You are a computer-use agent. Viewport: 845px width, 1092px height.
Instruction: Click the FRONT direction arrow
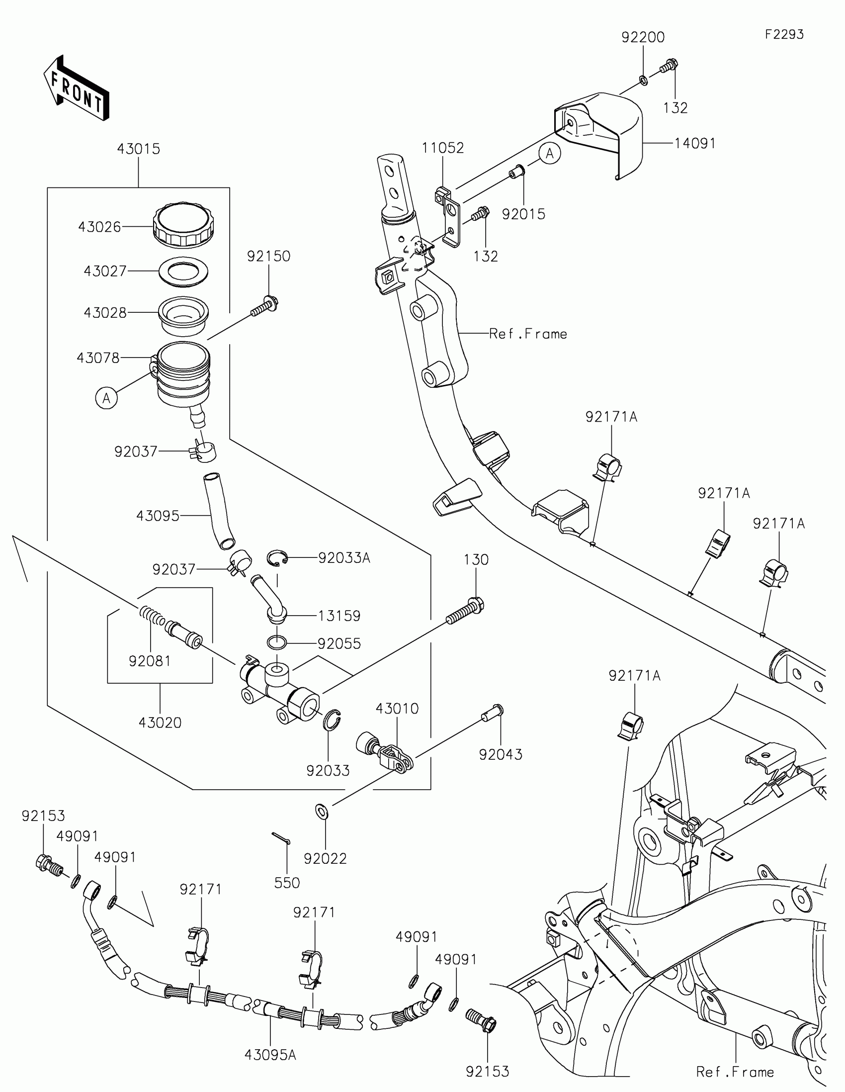[76, 88]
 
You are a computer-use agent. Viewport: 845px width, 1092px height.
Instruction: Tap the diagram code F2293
[784, 34]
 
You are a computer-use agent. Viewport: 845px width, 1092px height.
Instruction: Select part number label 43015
[138, 149]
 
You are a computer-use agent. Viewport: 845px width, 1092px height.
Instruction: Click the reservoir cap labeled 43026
[184, 225]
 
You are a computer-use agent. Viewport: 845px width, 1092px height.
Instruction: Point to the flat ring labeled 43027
[183, 272]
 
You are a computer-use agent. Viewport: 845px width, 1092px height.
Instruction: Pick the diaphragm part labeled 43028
[183, 316]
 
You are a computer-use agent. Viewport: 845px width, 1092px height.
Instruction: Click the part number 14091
[694, 144]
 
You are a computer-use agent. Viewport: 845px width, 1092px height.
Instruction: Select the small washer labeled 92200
[643, 80]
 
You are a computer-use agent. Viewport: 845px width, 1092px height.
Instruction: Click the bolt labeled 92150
[264, 306]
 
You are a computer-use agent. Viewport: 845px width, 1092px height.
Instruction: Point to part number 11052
[443, 148]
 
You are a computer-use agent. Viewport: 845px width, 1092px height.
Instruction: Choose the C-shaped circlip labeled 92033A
[277, 558]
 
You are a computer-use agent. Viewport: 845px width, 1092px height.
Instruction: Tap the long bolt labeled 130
[465, 611]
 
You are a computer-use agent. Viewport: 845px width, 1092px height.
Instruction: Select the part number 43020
[160, 723]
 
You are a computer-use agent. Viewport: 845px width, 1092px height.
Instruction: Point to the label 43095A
[270, 1055]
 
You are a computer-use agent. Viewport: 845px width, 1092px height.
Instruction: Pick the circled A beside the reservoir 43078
[106, 398]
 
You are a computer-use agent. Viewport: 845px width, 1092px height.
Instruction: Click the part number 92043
[501, 754]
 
